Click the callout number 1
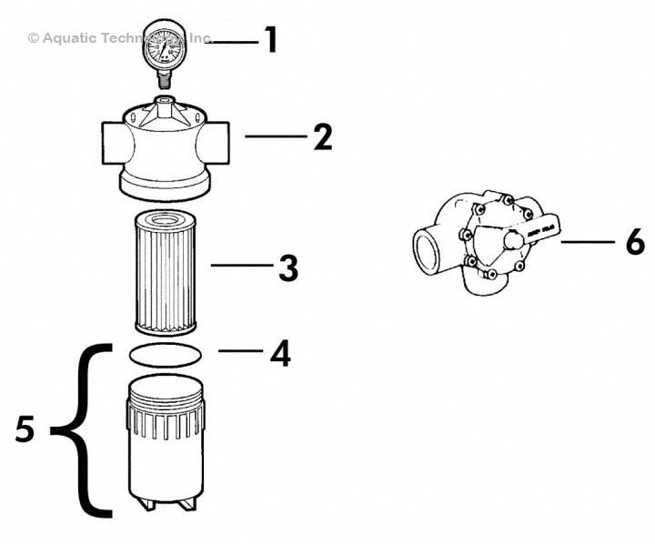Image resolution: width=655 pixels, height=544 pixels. coord(269,40)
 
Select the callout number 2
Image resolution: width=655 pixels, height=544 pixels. coord(322,137)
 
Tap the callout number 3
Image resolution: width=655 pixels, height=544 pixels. coord(287,267)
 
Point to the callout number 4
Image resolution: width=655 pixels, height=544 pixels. coord(279,353)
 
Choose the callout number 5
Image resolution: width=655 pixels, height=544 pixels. coord(25,429)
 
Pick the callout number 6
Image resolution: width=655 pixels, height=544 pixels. coord(634,242)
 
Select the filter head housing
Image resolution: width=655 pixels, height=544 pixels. coord(164,150)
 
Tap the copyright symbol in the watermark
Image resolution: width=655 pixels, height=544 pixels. coord(34,38)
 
